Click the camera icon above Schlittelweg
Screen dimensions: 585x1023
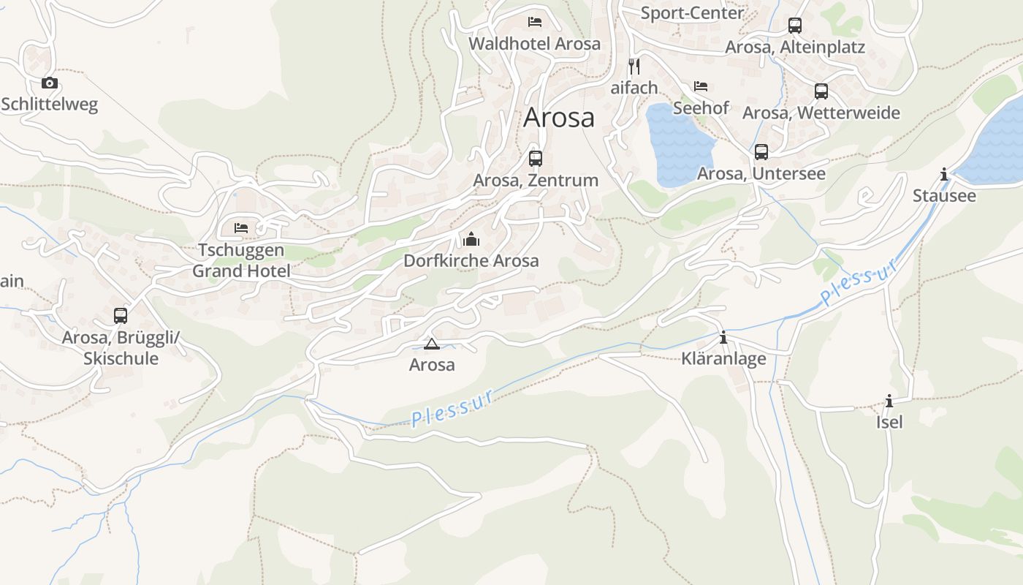[49, 83]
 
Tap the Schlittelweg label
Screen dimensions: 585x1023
[49, 105]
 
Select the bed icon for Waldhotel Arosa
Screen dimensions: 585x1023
[535, 22]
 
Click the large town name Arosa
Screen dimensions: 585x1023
[559, 118]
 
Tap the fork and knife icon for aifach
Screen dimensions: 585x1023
[634, 67]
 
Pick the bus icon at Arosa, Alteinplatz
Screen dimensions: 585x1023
[795, 26]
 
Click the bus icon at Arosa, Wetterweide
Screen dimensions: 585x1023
[821, 91]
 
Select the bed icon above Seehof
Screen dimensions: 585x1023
[701, 86]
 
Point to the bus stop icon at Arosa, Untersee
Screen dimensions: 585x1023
[761, 152]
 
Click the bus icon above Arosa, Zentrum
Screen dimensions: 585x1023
[536, 158]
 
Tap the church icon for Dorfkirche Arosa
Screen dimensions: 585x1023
[471, 239]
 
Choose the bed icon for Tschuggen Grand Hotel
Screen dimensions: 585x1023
[241, 228]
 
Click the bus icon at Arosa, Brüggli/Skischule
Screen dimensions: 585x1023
[121, 316]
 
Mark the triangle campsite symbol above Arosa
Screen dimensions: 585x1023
[431, 344]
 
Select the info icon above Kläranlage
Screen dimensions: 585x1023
[723, 337]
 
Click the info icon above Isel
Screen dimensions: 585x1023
[889, 401]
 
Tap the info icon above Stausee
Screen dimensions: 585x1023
[944, 174]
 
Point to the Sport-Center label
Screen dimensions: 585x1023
[692, 12]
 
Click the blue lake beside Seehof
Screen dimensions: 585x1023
[677, 146]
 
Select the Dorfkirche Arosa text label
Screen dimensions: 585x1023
[471, 261]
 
